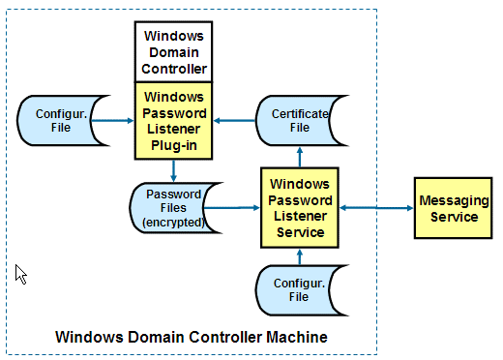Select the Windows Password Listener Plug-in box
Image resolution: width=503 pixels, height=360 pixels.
coord(174,120)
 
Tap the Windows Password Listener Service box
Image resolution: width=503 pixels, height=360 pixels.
coord(299,207)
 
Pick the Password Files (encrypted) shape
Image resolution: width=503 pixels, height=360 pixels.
coord(174,207)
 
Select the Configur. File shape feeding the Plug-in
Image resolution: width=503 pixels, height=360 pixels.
coord(57,120)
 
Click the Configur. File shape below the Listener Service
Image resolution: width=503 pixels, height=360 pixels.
coord(298,288)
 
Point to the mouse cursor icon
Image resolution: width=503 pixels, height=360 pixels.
coord(20,274)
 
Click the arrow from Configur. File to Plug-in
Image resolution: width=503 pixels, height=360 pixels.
coord(115,120)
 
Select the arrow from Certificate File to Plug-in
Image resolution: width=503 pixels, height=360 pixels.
coord(235,120)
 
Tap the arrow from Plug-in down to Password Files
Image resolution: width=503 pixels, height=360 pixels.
coord(174,171)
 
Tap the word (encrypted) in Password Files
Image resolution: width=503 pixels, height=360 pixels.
coord(174,222)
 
